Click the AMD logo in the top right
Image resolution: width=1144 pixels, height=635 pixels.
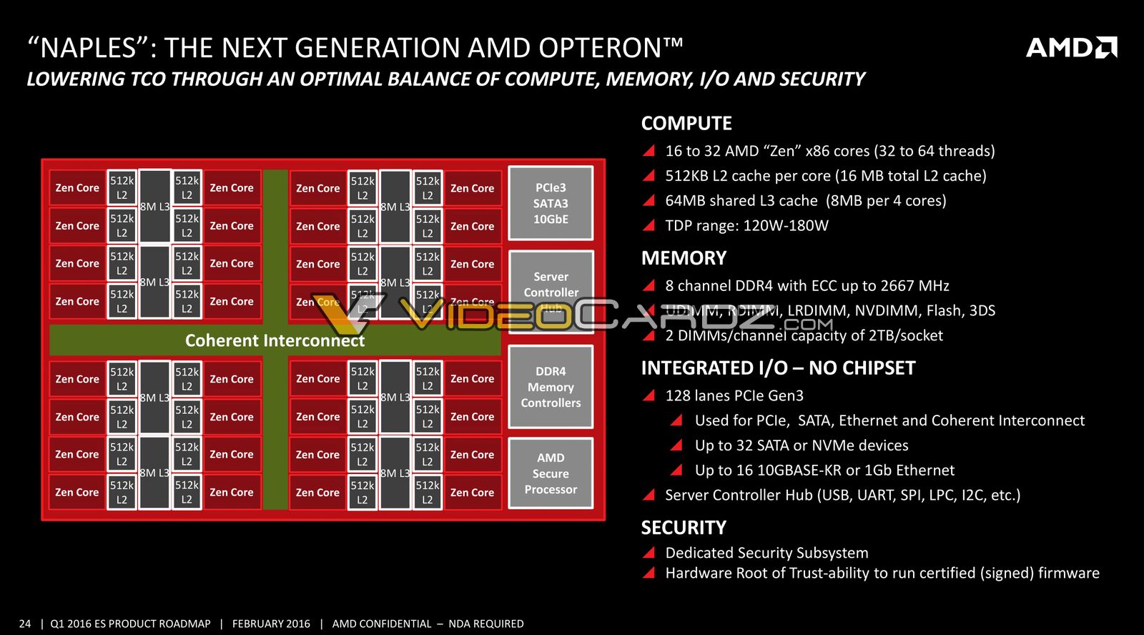[x=1071, y=48]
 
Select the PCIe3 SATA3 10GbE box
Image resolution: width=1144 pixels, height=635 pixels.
[x=551, y=203]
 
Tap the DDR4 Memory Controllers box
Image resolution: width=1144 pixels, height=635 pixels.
[x=551, y=387]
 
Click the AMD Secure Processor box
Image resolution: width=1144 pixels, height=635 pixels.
[x=551, y=473]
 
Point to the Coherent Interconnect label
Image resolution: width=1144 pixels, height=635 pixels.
[x=275, y=340]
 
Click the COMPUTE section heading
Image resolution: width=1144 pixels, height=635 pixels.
[x=686, y=123]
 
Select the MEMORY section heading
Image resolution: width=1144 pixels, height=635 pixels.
[x=684, y=258]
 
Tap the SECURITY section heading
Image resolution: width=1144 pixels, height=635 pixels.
[x=684, y=528]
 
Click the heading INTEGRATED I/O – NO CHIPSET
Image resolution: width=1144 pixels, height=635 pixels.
[x=778, y=368]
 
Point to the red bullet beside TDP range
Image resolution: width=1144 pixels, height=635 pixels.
[x=649, y=226]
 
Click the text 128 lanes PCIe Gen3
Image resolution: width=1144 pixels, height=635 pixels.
[x=734, y=395]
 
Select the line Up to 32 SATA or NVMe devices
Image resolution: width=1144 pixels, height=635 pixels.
[x=802, y=446]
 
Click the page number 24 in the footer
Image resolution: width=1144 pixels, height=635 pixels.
[x=25, y=624]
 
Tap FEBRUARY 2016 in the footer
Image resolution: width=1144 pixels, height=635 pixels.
[x=271, y=624]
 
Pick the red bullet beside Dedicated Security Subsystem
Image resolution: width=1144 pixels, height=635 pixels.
[x=649, y=553]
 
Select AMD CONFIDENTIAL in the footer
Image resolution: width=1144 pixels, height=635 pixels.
[x=382, y=624]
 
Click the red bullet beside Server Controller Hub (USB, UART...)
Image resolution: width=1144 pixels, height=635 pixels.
[x=649, y=495]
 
